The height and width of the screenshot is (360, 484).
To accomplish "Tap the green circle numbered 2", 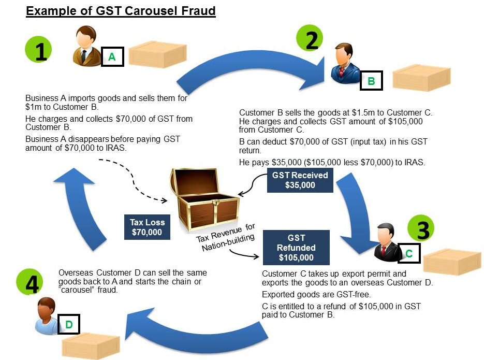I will point(310,39).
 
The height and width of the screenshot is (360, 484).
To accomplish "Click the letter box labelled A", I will point(112,57).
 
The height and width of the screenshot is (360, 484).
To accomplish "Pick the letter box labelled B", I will point(371,81).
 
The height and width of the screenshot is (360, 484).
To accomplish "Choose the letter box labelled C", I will point(408,253).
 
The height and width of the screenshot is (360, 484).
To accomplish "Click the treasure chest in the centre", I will point(202,199).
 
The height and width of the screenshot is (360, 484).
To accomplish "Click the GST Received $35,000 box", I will point(300,180).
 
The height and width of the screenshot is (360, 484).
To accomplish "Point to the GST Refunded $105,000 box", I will point(296,248).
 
